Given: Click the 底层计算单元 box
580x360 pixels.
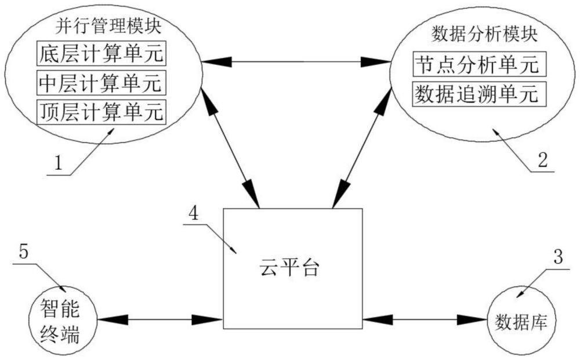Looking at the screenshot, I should click(100, 54).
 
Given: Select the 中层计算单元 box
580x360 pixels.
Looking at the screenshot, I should click(100, 82).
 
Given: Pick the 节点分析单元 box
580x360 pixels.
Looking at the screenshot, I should click(480, 64).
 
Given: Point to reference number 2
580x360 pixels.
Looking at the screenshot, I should click(542, 161).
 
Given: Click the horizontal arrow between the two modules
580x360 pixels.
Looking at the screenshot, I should click(296, 60).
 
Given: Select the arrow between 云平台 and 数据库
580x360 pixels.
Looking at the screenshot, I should click(423, 319).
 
